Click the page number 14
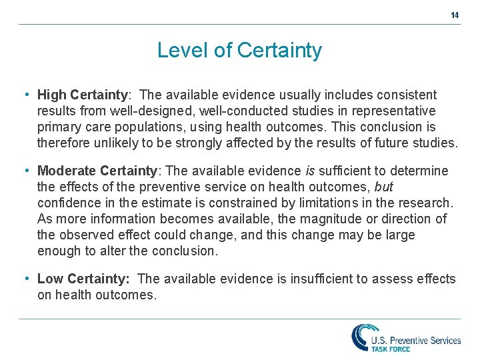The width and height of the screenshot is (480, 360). (455, 15)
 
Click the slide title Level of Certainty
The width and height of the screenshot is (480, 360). (239, 50)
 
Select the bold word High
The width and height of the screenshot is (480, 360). (52, 95)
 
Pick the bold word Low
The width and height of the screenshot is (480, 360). (50, 279)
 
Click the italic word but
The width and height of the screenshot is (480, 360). (384, 187)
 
